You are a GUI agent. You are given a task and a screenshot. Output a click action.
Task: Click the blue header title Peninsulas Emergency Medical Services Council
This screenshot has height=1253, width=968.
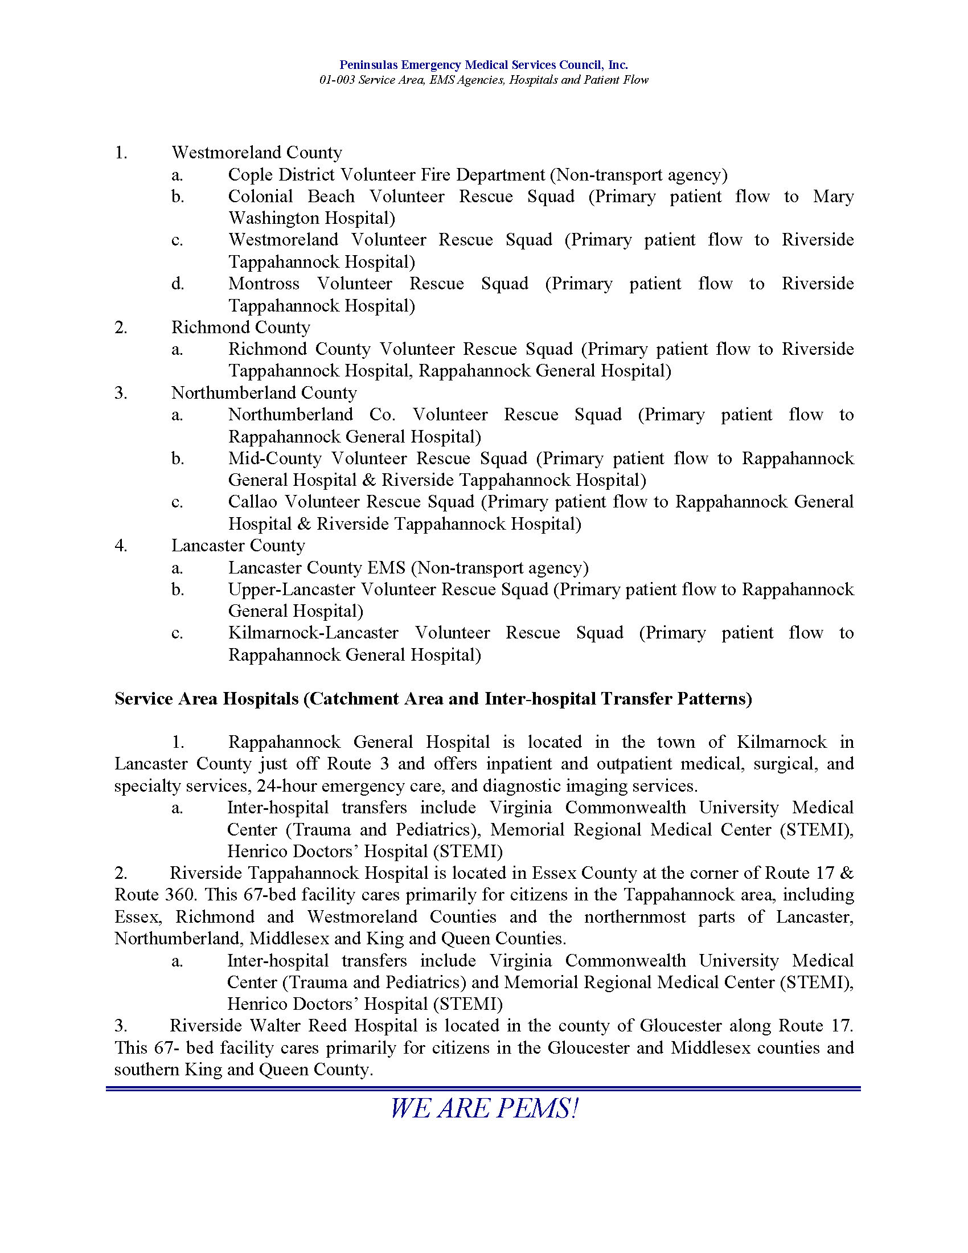click(483, 65)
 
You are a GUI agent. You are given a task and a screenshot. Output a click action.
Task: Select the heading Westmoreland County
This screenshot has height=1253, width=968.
click(256, 153)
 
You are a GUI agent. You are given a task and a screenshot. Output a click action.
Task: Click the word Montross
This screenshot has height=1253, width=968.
click(263, 284)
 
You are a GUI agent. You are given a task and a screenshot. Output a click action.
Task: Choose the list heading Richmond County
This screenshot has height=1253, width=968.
click(240, 327)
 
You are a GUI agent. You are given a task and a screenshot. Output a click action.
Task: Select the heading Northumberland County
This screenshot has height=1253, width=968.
click(264, 393)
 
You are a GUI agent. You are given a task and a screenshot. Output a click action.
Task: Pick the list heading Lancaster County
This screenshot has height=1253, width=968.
click(238, 546)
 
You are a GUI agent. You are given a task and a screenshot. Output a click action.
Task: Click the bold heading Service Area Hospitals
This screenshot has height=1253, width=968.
click(206, 699)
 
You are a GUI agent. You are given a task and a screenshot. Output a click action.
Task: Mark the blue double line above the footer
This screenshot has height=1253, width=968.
click(483, 1088)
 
